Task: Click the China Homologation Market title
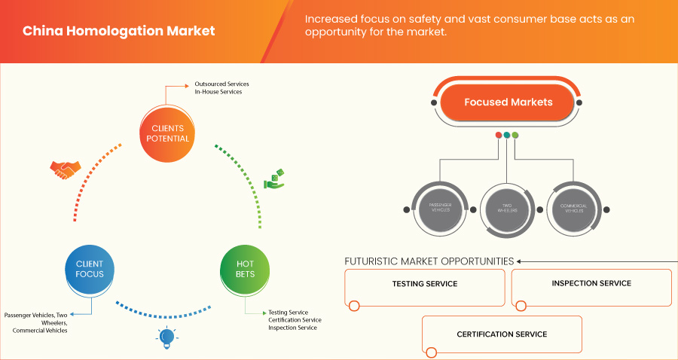(x=118, y=31)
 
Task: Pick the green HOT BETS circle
(x=245, y=269)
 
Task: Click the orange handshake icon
(x=63, y=170)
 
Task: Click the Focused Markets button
(x=508, y=102)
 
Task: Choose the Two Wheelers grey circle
(x=508, y=206)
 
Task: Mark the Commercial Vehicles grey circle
(x=576, y=206)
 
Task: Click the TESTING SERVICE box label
(x=425, y=284)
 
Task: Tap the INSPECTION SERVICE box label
(x=591, y=283)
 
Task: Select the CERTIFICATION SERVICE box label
(x=502, y=334)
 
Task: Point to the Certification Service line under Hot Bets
(x=295, y=320)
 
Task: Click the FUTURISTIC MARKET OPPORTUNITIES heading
(x=429, y=261)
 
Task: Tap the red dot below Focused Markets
(x=498, y=135)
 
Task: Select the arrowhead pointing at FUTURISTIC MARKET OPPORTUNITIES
(x=519, y=261)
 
